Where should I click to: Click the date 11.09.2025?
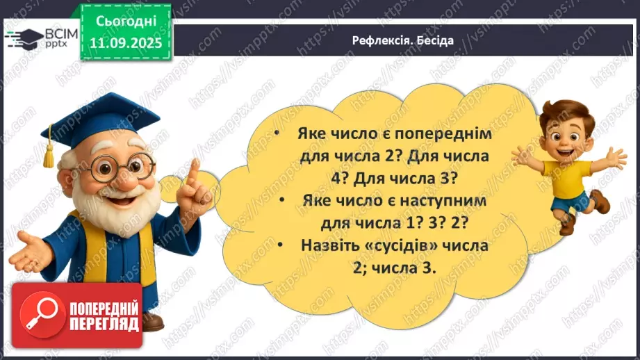click(125, 43)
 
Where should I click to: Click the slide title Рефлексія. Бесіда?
click(402, 40)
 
